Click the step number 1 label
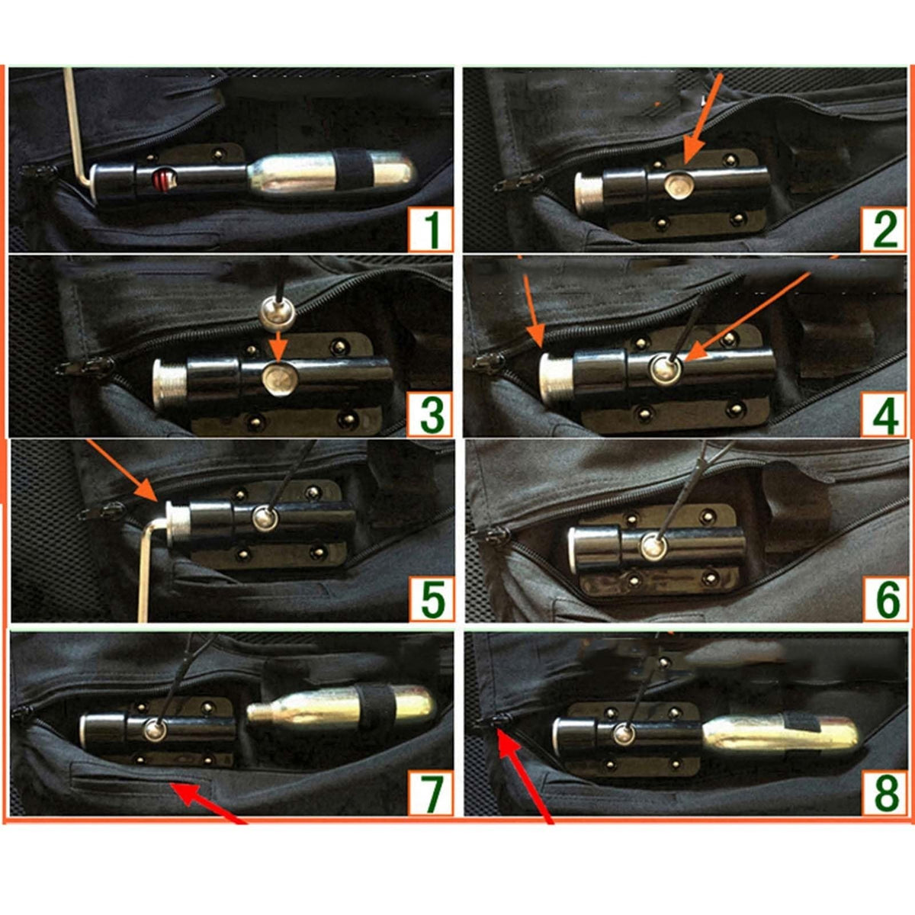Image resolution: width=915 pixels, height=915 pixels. click(x=430, y=229)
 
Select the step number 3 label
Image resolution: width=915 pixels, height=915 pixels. click(x=430, y=414)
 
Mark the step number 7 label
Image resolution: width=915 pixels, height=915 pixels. click(x=430, y=795)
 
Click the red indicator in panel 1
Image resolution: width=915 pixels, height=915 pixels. click(x=163, y=181)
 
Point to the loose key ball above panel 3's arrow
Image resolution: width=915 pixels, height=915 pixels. click(x=278, y=312)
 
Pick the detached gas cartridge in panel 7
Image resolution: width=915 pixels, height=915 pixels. click(x=341, y=711)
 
